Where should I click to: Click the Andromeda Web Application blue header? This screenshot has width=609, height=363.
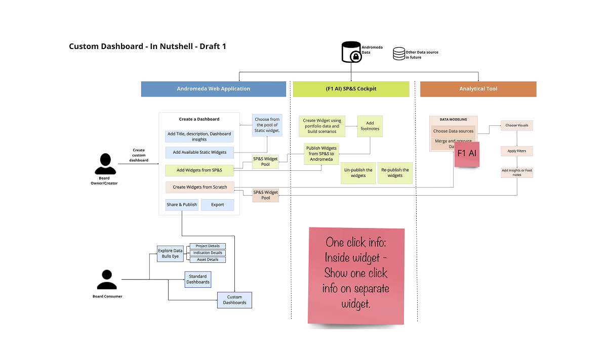(x=213, y=89)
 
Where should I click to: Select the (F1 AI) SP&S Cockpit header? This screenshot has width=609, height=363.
(x=351, y=89)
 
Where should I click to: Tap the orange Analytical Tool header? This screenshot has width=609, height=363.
(x=478, y=89)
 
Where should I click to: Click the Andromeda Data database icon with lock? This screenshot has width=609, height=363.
(x=351, y=53)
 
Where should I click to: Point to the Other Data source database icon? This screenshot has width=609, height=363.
(x=399, y=54)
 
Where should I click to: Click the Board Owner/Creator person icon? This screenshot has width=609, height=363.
(x=105, y=164)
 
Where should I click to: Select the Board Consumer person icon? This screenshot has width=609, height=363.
(x=107, y=280)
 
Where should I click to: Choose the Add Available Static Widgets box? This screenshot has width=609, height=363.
(x=199, y=152)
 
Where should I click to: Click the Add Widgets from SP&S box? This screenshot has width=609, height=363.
(x=199, y=170)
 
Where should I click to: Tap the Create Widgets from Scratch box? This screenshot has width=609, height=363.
(x=199, y=187)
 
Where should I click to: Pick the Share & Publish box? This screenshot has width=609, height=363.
(x=182, y=205)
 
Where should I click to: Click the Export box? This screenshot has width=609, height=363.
(x=218, y=205)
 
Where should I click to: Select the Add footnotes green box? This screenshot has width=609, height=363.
(x=370, y=126)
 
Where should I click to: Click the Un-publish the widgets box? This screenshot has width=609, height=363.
(x=358, y=173)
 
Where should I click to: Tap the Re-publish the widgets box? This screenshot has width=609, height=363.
(x=395, y=173)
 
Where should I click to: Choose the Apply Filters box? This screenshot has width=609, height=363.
(x=517, y=151)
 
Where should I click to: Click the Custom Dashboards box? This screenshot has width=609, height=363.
(x=234, y=300)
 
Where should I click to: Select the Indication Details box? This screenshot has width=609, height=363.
(x=208, y=253)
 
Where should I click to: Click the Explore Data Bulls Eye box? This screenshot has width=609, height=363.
(x=170, y=253)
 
